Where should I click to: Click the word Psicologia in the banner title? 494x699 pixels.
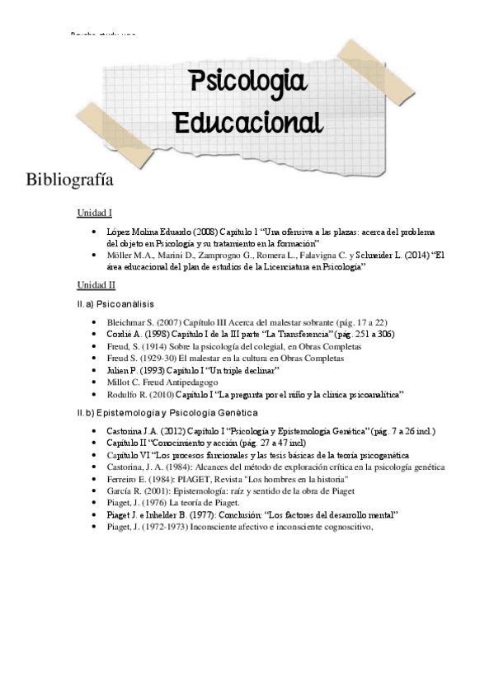pos(248,84)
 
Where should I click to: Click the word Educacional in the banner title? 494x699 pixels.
pos(248,122)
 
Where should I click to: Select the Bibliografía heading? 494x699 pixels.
pos(69,180)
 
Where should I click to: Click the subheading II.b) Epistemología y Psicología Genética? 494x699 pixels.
pos(167,411)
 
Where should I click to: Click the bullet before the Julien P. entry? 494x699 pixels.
pos(97,372)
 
